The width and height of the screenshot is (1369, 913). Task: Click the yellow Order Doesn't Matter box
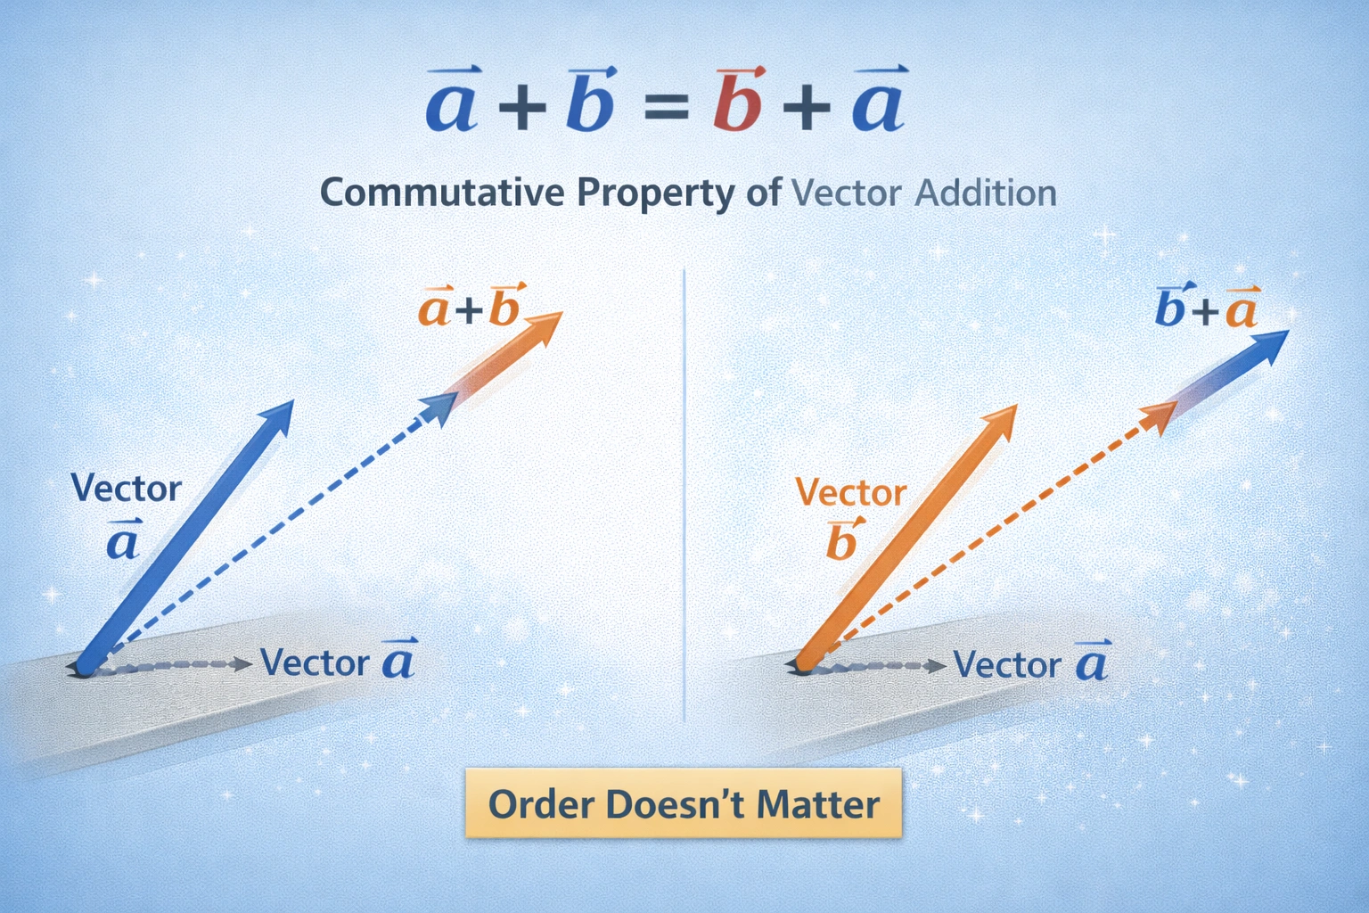point(684,803)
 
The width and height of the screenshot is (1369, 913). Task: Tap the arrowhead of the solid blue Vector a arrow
point(279,415)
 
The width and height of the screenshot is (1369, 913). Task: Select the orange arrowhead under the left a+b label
point(544,326)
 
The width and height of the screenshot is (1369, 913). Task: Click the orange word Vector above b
point(850,492)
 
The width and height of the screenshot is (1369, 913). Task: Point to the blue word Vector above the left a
point(126,489)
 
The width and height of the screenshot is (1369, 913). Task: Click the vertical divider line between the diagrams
point(683,490)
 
